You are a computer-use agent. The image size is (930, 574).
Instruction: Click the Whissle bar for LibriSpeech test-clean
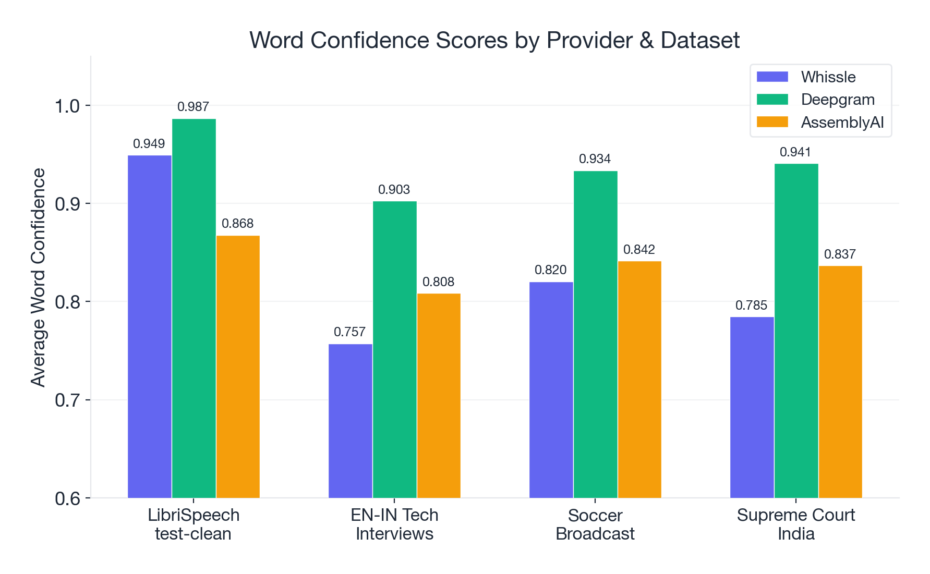click(x=149, y=326)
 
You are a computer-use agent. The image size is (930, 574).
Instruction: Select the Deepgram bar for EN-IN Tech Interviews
click(x=394, y=349)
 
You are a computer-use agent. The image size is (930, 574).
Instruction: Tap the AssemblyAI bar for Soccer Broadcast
click(x=639, y=380)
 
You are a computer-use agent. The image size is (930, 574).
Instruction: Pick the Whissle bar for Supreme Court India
click(x=752, y=407)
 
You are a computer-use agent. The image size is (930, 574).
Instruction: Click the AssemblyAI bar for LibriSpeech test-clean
click(x=238, y=367)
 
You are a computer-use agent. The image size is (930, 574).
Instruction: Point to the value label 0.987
click(x=193, y=107)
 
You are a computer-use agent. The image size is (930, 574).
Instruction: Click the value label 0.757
click(x=349, y=332)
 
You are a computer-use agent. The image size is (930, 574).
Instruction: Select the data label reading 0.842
click(x=639, y=250)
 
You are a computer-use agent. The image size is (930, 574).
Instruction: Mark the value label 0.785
click(x=751, y=306)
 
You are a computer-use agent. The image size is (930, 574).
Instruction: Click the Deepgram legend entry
click(x=837, y=100)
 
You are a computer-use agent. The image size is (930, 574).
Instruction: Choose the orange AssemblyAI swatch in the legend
click(x=772, y=122)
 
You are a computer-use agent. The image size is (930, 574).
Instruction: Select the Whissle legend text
click(x=828, y=77)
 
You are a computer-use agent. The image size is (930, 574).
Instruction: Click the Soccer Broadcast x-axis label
click(x=595, y=524)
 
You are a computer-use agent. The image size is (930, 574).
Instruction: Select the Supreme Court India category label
click(x=795, y=524)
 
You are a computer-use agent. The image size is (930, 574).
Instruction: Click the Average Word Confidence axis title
click(x=38, y=277)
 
